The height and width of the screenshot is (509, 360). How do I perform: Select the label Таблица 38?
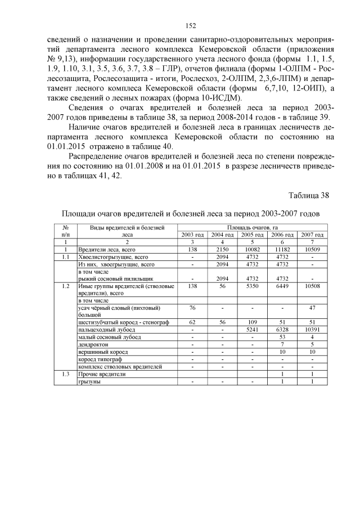pyautogui.click(x=308, y=196)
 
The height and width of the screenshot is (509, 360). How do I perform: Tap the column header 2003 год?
pyautogui.click(x=192, y=234)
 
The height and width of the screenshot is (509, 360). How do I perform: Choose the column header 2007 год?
pyautogui.click(x=312, y=234)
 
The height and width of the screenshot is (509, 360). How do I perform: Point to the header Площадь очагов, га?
pyautogui.click(x=253, y=227)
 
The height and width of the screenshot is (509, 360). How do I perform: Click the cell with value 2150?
pyautogui.click(x=222, y=249)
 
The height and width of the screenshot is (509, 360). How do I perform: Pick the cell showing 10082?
pyautogui.click(x=252, y=249)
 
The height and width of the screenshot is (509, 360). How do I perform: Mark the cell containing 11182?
pyautogui.click(x=282, y=249)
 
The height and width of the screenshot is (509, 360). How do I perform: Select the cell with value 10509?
pyautogui.click(x=312, y=249)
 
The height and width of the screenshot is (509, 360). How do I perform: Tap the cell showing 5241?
pyautogui.click(x=252, y=330)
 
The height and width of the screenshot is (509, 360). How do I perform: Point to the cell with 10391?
pyautogui.click(x=312, y=330)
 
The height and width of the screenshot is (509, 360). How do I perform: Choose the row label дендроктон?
pyautogui.click(x=93, y=344)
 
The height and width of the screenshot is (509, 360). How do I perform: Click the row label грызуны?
pyautogui.click(x=90, y=381)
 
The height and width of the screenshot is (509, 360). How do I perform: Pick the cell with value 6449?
pyautogui.click(x=282, y=286)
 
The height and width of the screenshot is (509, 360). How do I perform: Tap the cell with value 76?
pyautogui.click(x=192, y=308)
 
